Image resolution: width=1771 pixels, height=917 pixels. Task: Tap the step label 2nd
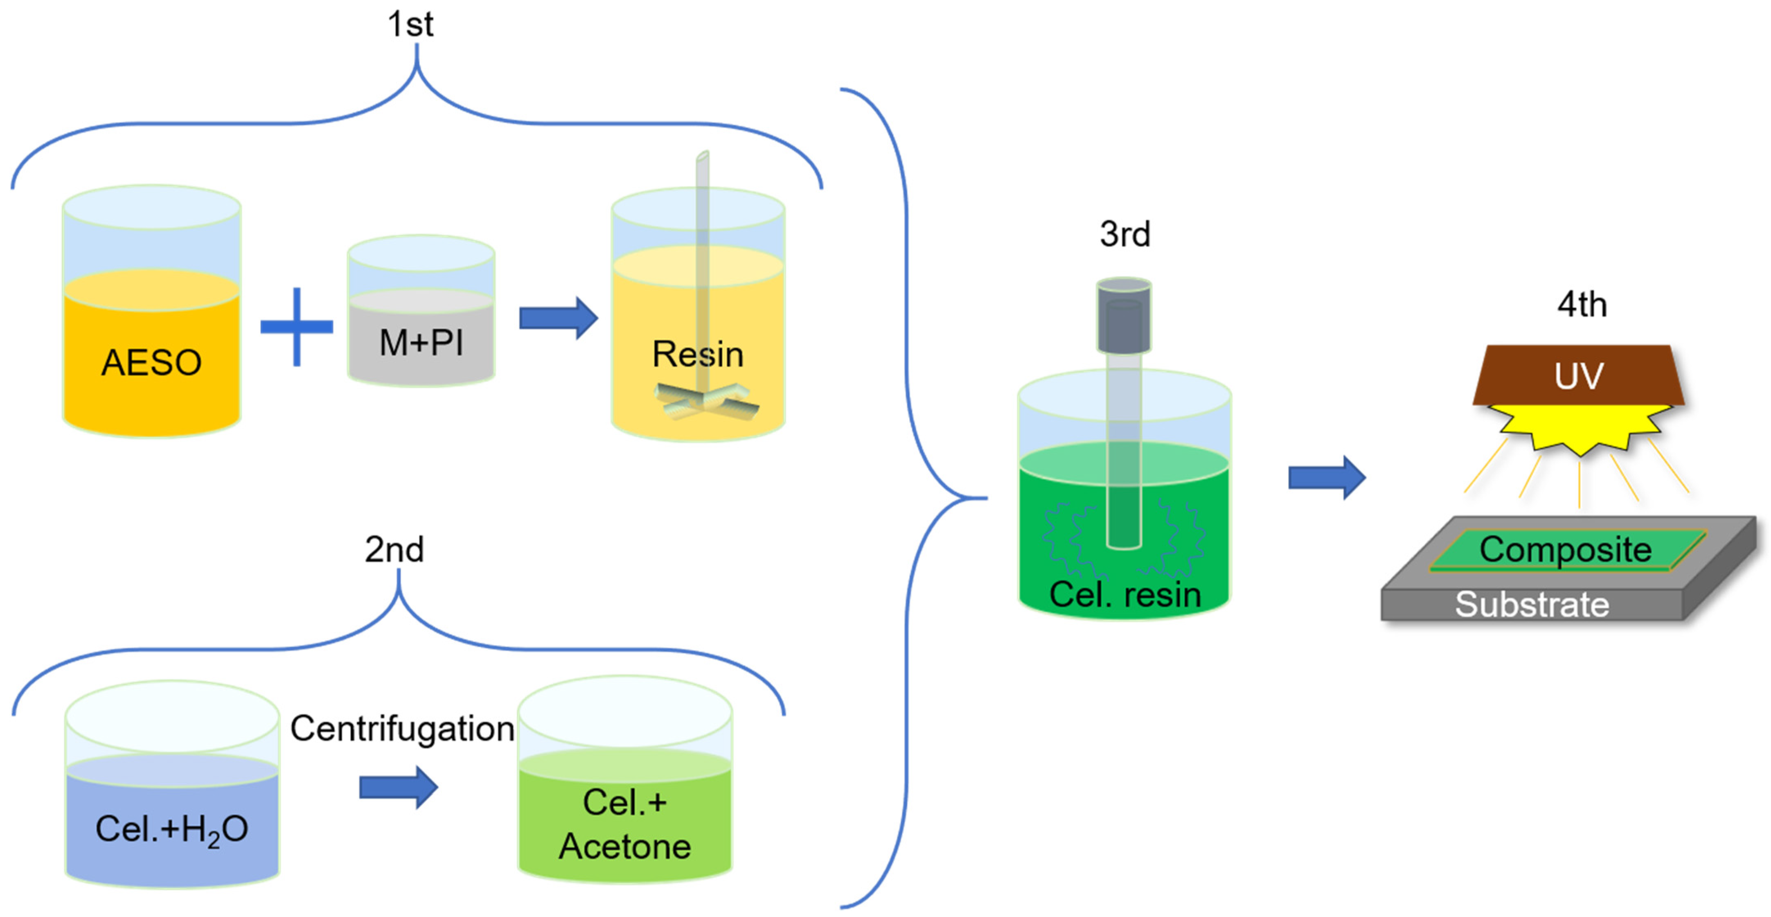click(394, 549)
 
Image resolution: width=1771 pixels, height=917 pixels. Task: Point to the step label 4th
click(1581, 304)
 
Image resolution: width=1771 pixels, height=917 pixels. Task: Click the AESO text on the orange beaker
click(151, 363)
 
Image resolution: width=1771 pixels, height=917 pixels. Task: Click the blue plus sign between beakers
click(296, 327)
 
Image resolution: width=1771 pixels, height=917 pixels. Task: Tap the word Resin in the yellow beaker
click(697, 354)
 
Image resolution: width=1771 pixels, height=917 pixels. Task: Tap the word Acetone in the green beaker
click(624, 846)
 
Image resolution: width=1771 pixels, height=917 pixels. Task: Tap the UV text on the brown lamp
click(1579, 376)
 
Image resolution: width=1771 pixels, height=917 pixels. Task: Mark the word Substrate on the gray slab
click(1532, 605)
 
